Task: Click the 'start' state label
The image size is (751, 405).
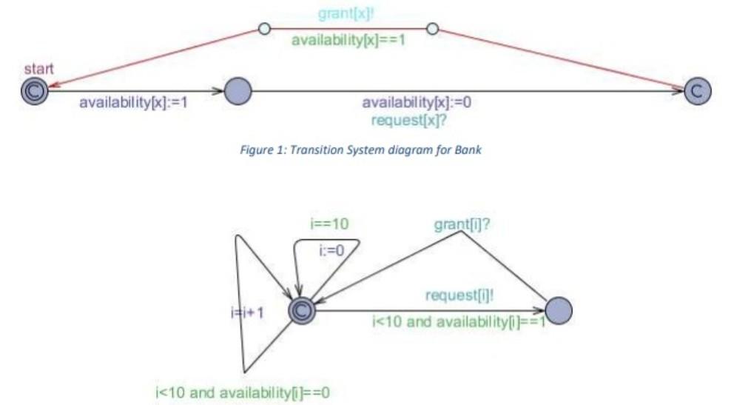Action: (38, 69)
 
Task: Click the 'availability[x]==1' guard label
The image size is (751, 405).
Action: (348, 39)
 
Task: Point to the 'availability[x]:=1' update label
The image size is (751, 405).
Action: (133, 102)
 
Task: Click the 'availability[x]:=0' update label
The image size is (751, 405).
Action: (416, 102)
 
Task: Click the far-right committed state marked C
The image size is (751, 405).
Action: (697, 90)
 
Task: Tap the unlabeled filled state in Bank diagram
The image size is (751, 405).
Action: (238, 91)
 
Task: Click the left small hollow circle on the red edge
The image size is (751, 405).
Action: (263, 29)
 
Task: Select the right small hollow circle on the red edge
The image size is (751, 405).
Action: (433, 29)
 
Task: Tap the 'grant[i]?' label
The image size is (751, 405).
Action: (463, 224)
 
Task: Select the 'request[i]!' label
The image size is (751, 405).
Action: (459, 295)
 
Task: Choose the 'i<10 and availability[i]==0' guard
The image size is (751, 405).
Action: (242, 392)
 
